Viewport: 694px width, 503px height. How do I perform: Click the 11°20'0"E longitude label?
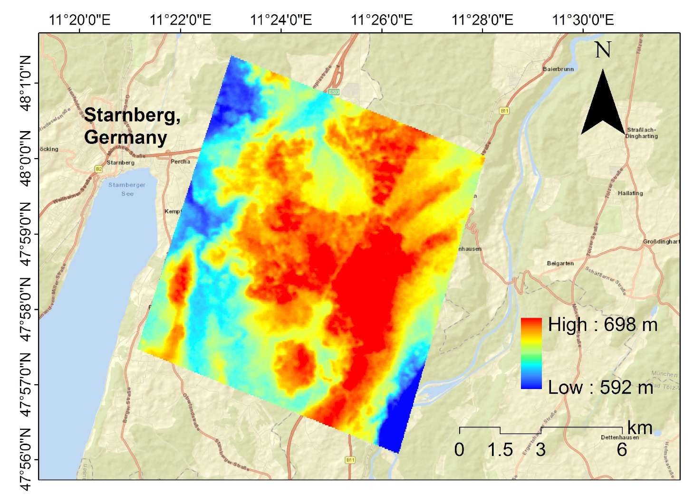click(x=79, y=20)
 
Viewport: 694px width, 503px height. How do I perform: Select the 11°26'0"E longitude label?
click(x=382, y=20)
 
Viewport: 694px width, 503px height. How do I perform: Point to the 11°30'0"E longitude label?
click(x=583, y=20)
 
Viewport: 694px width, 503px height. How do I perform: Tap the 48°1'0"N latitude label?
click(x=26, y=83)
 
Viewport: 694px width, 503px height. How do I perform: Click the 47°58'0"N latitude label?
click(x=26, y=309)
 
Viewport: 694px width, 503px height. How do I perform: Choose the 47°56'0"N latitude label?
click(x=26, y=459)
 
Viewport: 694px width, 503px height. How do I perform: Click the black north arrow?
click(x=603, y=104)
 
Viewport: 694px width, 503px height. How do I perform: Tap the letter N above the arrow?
click(x=603, y=50)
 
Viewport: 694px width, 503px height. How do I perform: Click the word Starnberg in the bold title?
click(x=132, y=115)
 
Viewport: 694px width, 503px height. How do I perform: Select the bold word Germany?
click(x=125, y=137)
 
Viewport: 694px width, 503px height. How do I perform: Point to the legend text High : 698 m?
click(x=602, y=325)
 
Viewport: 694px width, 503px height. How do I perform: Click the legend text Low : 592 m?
click(x=600, y=388)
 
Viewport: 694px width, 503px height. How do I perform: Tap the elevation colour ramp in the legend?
click(x=531, y=353)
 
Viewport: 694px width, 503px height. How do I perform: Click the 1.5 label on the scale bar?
click(x=500, y=449)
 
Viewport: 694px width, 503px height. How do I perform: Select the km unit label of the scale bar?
click(x=639, y=427)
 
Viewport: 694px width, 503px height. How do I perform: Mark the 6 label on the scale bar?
click(x=622, y=449)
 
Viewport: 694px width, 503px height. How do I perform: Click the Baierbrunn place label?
click(x=558, y=69)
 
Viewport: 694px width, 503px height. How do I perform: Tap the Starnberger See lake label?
click(x=127, y=189)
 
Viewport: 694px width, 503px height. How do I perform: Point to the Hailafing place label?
click(x=630, y=193)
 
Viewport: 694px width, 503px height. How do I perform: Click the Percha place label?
click(x=180, y=161)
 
